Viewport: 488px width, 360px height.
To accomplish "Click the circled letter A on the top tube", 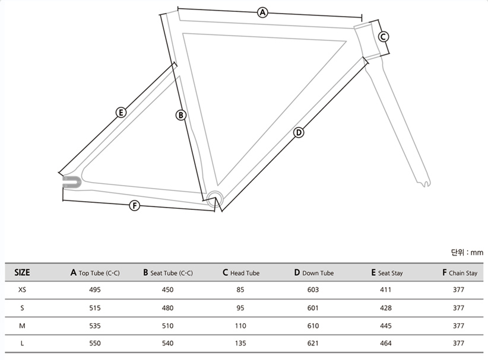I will (262, 12).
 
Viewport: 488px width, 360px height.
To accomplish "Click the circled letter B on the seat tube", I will (181, 115).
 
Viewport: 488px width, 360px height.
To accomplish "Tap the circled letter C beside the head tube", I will (384, 37).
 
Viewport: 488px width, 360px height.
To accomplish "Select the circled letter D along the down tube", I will (299, 132).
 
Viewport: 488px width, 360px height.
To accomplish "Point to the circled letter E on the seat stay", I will (121, 112).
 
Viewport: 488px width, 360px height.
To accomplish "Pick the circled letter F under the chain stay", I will (135, 206).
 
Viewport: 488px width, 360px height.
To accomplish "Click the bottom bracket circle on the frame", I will (214, 197).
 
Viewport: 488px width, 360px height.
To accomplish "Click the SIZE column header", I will (22, 273).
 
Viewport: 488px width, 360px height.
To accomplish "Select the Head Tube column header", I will (241, 273).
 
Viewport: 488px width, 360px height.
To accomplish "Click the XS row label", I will (22, 290).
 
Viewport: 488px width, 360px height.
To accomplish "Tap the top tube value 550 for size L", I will (95, 343).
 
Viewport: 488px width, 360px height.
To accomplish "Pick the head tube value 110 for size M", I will (241, 326).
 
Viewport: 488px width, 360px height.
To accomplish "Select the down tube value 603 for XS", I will (313, 290).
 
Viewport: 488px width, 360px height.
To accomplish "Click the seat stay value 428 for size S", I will (386, 308).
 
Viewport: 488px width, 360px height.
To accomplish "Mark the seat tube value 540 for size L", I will (168, 343).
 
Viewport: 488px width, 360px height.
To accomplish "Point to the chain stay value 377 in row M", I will (458, 326).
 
